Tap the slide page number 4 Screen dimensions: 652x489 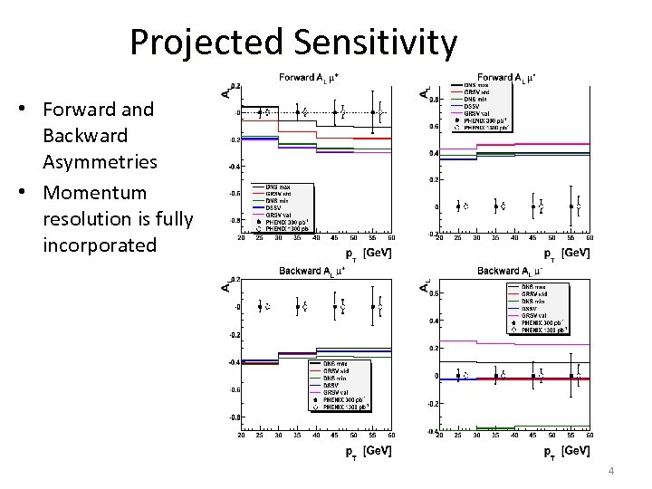click(613, 471)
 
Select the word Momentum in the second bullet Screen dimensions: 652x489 click(94, 193)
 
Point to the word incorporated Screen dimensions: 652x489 click(100, 245)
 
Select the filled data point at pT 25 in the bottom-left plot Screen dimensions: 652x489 click(259, 306)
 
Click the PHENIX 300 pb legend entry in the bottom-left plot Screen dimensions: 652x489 click(344, 399)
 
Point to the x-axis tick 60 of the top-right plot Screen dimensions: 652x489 click(589, 238)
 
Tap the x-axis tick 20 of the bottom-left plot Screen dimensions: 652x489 click(241, 435)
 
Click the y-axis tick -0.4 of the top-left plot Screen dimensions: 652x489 click(234, 167)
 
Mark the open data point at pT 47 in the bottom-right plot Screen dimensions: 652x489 click(540, 373)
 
